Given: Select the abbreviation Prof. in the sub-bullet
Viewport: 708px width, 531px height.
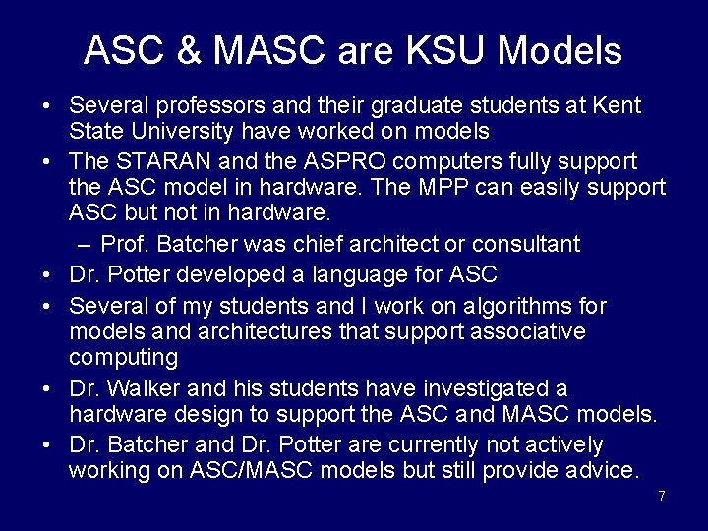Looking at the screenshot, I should (125, 244).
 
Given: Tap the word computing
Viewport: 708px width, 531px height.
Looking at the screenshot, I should (123, 356).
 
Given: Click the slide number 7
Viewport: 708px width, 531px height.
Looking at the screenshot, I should (662, 496).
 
